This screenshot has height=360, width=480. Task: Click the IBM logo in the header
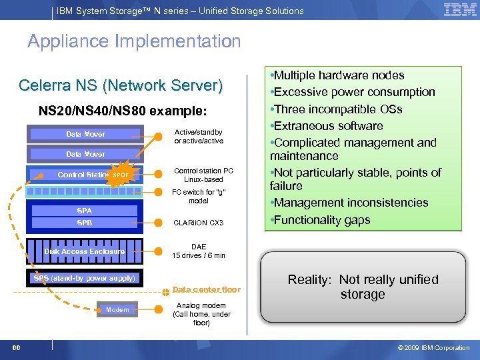(459, 10)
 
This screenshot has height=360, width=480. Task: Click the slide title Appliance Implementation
(134, 41)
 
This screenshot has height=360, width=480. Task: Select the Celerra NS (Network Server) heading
(121, 86)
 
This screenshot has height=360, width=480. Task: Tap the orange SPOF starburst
(121, 175)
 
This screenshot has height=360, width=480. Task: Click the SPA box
(85, 211)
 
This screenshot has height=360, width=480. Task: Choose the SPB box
(85, 223)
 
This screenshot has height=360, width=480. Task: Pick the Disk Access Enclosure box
(85, 251)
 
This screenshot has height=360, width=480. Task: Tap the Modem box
(117, 309)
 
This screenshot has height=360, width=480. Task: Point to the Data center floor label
(207, 289)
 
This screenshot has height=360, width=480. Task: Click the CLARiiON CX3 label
(199, 223)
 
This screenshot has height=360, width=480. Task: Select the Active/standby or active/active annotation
(199, 136)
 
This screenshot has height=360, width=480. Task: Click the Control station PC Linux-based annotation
(199, 174)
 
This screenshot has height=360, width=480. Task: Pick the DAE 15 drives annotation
(199, 251)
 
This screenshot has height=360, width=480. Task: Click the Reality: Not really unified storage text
(363, 287)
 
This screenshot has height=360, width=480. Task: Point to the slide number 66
(16, 347)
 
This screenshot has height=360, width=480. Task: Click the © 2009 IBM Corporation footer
(433, 347)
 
